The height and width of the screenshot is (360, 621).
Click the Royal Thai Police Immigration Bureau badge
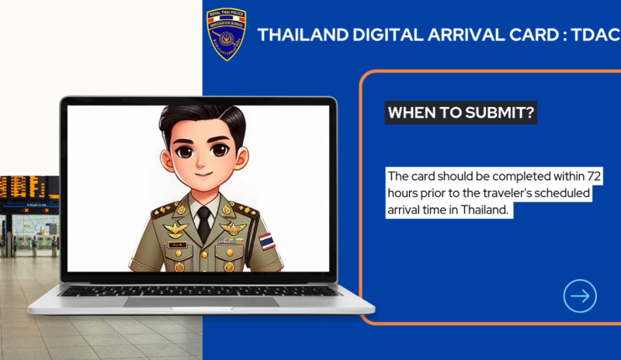226,34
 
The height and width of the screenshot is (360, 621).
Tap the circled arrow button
580,296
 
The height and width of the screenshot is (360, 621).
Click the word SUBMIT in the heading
500,112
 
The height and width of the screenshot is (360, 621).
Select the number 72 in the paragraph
594,176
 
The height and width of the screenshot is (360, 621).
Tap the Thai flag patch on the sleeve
267,241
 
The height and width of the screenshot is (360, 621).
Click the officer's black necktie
204,224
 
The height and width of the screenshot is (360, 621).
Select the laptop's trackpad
201,302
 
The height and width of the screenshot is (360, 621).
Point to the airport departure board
29,188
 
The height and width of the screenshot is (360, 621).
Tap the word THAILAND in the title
303,35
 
